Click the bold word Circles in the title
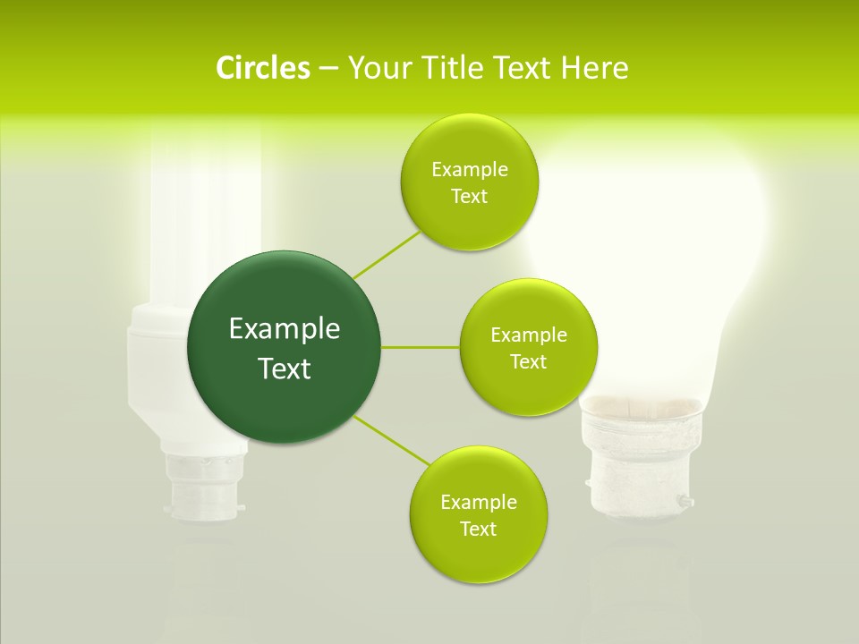pyautogui.click(x=262, y=67)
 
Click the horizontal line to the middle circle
pyautogui.click(x=420, y=347)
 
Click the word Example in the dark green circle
pyautogui.click(x=284, y=329)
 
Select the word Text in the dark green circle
pyautogui.click(x=284, y=368)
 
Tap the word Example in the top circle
pyautogui.click(x=469, y=170)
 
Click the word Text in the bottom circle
pyautogui.click(x=478, y=529)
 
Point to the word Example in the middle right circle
pyautogui.click(x=528, y=335)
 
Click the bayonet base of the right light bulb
pyautogui.click(x=637, y=474)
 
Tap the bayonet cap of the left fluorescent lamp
pyautogui.click(x=201, y=487)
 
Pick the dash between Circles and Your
pyautogui.click(x=327, y=69)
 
